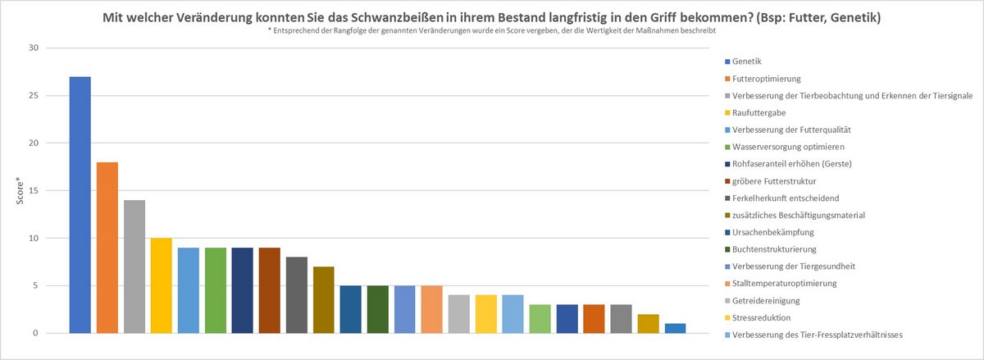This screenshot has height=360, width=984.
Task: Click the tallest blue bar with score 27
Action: click(x=80, y=205)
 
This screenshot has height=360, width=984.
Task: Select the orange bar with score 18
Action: click(x=107, y=248)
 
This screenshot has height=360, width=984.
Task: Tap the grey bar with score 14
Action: click(x=134, y=267)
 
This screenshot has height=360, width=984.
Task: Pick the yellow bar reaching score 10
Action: click(x=161, y=285)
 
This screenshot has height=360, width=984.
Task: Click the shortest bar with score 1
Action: click(x=675, y=328)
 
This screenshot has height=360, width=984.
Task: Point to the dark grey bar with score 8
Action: click(x=296, y=295)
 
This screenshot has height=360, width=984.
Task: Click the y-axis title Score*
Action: click(x=19, y=190)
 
